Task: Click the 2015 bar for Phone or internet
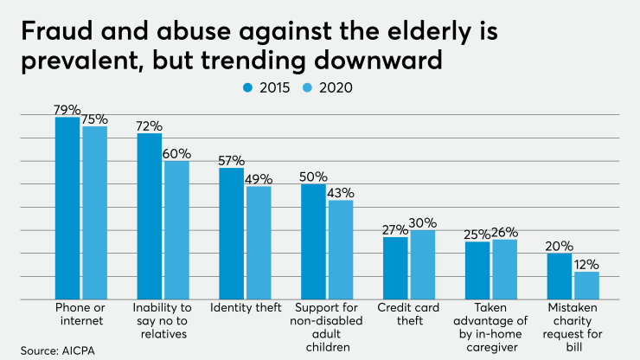tap(68, 208)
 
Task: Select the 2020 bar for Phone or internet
tap(94, 212)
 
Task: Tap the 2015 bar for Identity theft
tap(231, 234)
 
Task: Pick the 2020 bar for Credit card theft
tap(423, 265)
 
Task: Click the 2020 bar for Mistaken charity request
tap(586, 286)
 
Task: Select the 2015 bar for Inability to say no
tap(150, 216)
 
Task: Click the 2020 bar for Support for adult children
tap(341, 250)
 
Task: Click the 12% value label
tap(587, 264)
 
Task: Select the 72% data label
tap(150, 125)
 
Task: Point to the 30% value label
tap(424, 222)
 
